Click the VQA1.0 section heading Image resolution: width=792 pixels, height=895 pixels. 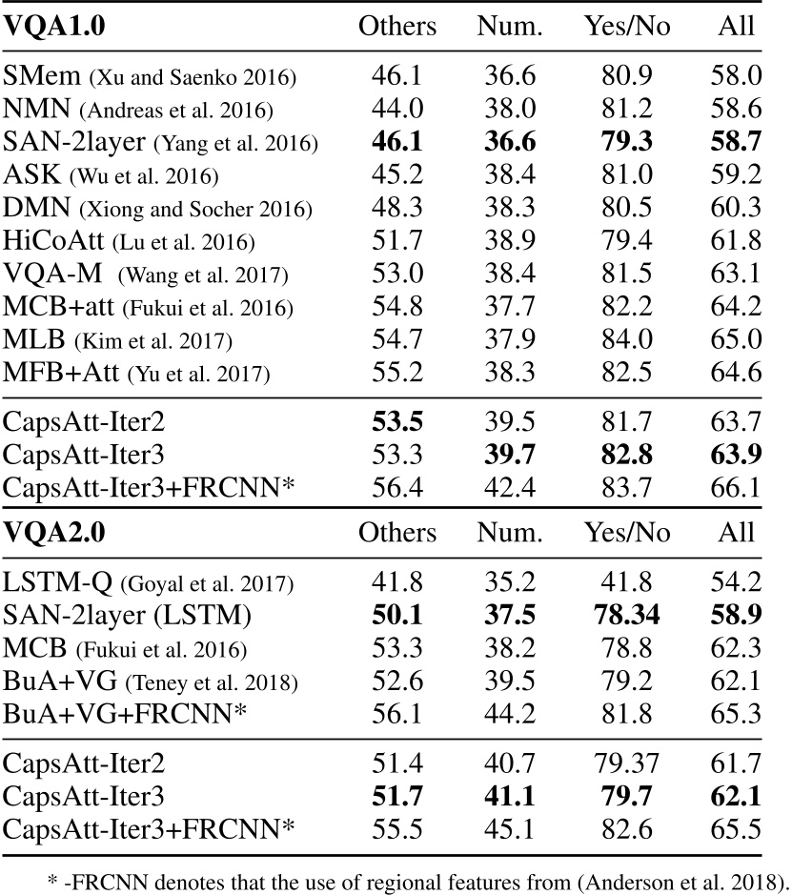click(54, 27)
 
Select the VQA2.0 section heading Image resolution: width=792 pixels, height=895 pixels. click(54, 532)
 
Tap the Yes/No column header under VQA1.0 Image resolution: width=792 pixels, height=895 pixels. click(627, 27)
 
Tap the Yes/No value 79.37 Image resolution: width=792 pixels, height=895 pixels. click(626, 760)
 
